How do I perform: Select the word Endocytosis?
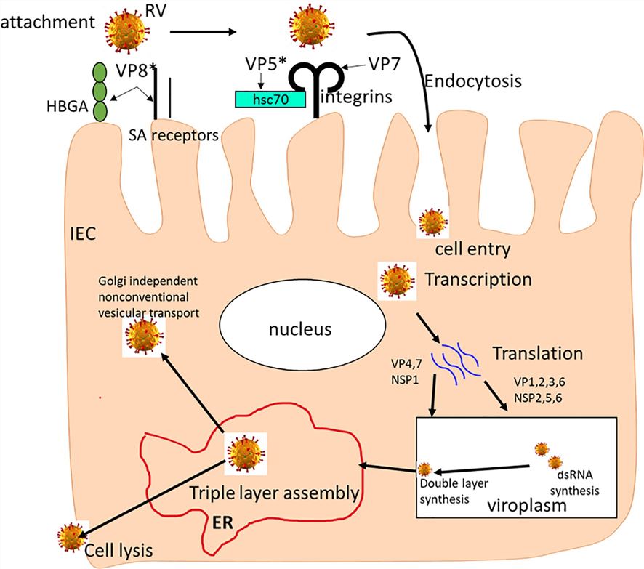pos(472,81)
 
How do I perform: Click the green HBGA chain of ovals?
pos(100,94)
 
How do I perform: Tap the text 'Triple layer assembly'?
pos(275,493)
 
